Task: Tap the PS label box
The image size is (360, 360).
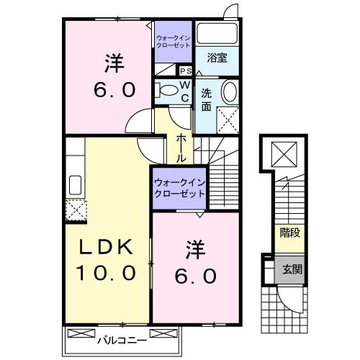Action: pos(185,71)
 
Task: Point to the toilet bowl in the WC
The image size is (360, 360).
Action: pos(168,90)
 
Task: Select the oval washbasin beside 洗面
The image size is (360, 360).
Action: pos(228,92)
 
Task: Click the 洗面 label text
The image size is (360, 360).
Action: pos(206,98)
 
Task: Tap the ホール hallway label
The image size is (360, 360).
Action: pos(182,145)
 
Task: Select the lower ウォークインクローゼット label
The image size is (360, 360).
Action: pos(179,188)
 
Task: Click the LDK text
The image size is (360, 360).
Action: pos(106,248)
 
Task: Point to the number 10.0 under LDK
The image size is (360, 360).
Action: pos(107,274)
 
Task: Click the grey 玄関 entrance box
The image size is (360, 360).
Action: pos(290,269)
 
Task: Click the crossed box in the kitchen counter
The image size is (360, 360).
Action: pos(75,210)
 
